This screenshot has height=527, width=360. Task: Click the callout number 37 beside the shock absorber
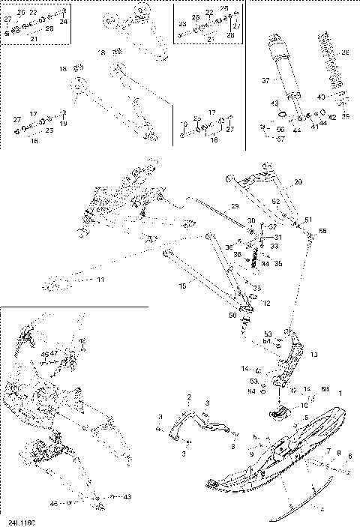pyautogui.click(x=265, y=80)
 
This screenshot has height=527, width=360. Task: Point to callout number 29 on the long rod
pyautogui.click(x=235, y=206)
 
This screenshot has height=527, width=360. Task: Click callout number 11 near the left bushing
pyautogui.click(x=100, y=280)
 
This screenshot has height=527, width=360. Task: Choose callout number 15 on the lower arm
pyautogui.click(x=181, y=286)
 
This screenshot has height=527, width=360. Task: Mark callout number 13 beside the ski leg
pyautogui.click(x=313, y=353)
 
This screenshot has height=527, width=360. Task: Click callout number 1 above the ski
pyautogui.click(x=341, y=393)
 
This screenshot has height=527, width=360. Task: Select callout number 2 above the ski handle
pyautogui.click(x=190, y=397)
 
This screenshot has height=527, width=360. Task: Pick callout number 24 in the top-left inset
pyautogui.click(x=64, y=22)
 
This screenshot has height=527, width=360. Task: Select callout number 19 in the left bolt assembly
pyautogui.click(x=64, y=123)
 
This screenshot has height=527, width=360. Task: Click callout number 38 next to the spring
pyautogui.click(x=346, y=53)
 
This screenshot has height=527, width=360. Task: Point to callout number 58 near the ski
pyautogui.click(x=325, y=390)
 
